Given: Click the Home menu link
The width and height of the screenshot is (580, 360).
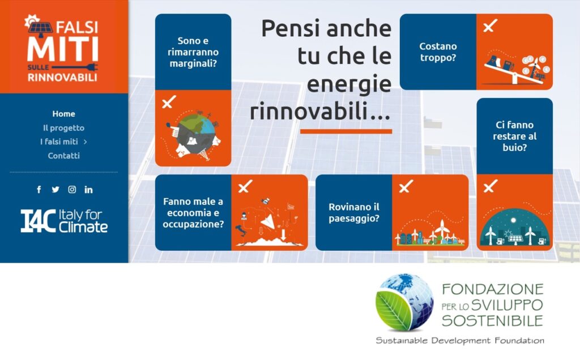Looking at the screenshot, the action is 63,114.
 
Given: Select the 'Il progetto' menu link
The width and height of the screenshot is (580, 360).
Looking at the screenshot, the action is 63,128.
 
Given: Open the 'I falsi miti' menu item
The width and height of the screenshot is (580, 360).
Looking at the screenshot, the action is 59,142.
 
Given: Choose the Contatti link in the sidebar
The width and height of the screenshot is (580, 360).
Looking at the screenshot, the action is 63,156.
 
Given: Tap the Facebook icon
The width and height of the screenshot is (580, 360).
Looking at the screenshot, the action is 39,190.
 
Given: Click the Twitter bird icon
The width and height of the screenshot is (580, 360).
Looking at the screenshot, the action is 56,190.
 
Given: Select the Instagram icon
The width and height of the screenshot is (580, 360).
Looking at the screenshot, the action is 72,190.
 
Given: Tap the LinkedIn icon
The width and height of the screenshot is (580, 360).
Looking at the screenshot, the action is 88,190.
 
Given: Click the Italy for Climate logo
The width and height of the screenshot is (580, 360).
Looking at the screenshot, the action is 64,221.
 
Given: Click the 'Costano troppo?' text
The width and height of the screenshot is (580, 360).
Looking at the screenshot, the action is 438,52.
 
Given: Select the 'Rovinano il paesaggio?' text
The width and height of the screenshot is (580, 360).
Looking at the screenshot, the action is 354,212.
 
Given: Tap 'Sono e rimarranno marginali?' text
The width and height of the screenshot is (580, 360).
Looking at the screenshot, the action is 193,52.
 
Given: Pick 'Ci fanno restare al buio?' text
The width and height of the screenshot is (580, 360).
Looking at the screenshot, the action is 514,136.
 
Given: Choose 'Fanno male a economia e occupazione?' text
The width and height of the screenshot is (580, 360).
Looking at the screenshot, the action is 193,212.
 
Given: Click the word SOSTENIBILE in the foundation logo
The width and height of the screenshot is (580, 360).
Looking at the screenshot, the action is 492,320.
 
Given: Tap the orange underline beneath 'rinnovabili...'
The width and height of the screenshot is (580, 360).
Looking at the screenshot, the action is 346,131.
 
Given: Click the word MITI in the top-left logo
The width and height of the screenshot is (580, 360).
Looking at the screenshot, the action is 63,49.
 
